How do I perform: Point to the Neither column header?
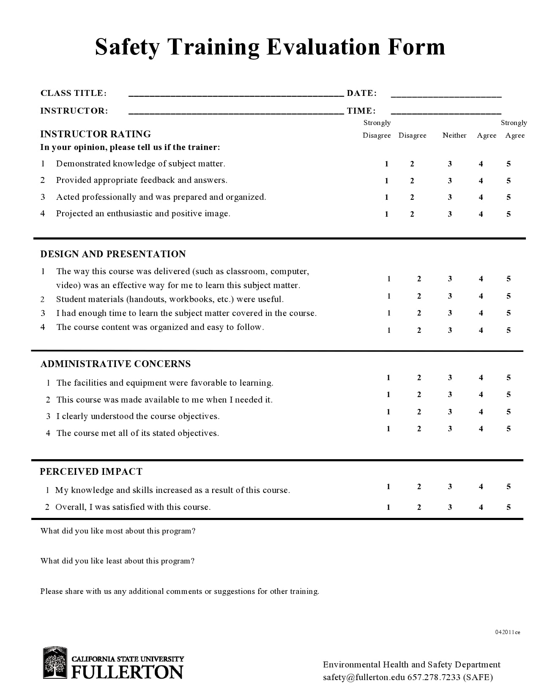pos(454,135)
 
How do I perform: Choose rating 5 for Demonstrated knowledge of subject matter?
pos(509,164)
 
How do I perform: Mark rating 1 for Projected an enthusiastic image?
pos(386,214)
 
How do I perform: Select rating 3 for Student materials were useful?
pos(450,296)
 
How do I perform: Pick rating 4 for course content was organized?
pos(481,330)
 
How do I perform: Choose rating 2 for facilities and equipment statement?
pos(419,378)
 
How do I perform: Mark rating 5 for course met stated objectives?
pos(509,429)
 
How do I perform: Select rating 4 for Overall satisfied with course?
pos(481,507)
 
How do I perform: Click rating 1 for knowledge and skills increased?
pos(388,487)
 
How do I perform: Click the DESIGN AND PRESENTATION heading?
pos(113,254)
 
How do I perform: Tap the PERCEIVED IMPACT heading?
pos(91,471)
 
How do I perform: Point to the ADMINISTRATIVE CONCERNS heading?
pos(115,364)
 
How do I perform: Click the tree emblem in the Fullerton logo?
pos(55,663)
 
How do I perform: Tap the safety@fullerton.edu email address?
pos(364,677)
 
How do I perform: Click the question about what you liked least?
pos(117,561)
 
